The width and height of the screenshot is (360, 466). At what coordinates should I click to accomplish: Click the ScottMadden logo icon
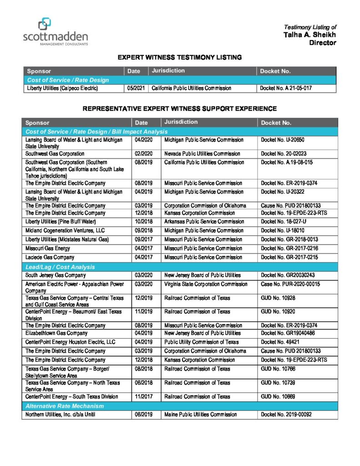point(45,23)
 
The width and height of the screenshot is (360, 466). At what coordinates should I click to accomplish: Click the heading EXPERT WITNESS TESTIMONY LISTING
point(179,57)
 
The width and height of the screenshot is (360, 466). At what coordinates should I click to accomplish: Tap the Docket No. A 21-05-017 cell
point(285,88)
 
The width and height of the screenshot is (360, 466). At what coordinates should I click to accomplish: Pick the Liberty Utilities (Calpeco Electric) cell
point(62,88)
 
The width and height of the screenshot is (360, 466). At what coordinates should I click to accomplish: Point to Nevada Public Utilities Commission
point(202,154)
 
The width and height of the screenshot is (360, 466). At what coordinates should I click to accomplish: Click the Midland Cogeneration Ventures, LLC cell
point(65,230)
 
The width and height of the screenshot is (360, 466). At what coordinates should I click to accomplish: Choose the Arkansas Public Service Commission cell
point(204,222)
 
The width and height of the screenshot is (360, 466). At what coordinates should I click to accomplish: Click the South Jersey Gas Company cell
point(56,275)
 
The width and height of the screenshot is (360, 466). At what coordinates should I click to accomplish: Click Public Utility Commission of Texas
point(201,342)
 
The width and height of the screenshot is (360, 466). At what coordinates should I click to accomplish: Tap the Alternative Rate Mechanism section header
point(65,406)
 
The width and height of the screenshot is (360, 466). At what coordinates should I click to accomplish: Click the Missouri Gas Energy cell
point(47,248)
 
